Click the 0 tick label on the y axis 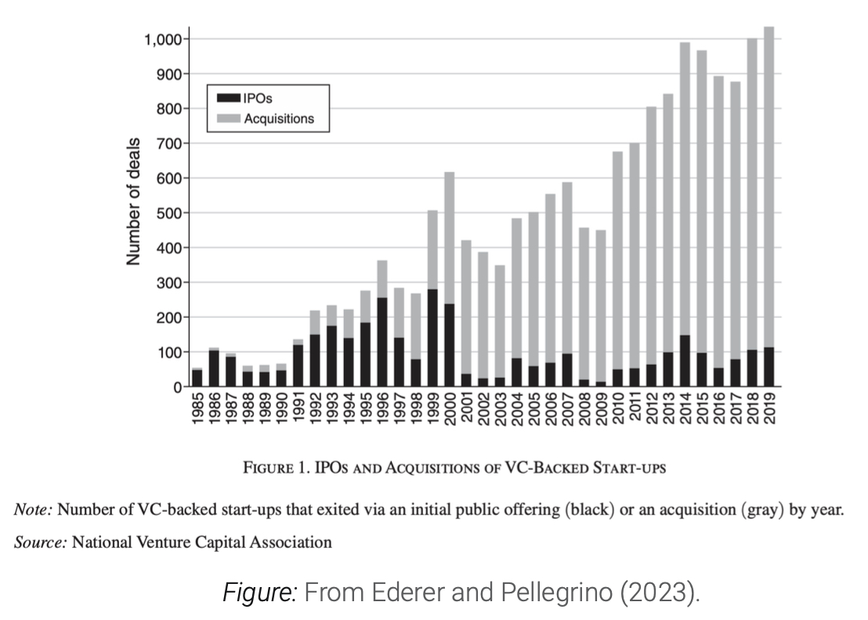tap(178, 387)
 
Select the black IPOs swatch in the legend tap(229, 98)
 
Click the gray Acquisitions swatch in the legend tap(229, 118)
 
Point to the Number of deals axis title tap(135, 201)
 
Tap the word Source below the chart tap(39, 542)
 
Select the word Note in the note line tap(33, 510)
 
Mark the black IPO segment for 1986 tap(214, 369)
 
